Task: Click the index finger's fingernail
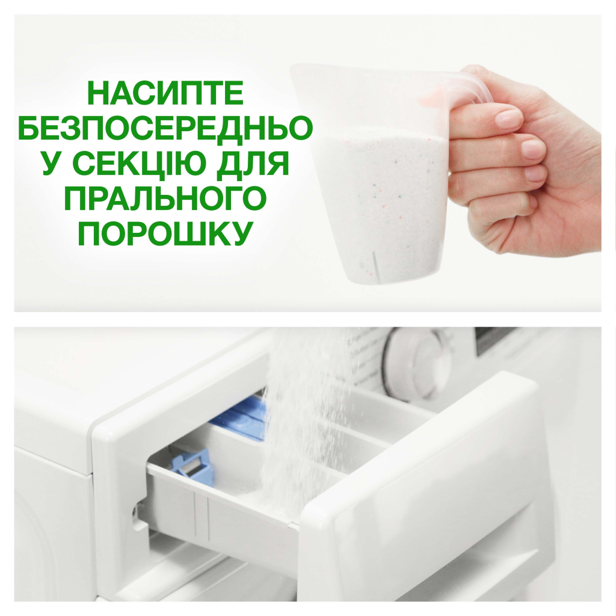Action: tap(509, 118)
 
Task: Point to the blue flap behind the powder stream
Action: tap(244, 415)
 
